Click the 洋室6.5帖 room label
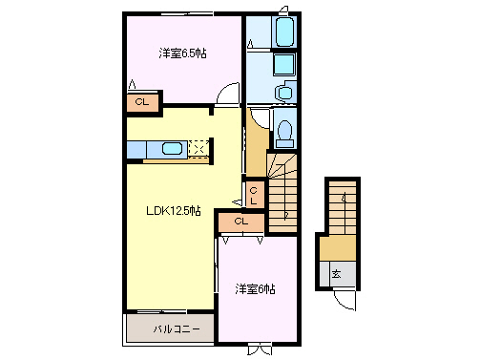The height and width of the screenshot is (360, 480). [179, 54]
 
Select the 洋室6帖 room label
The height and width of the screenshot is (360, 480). [255, 288]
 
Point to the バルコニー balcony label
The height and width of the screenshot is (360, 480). [177, 329]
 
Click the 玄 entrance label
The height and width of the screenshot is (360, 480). [337, 274]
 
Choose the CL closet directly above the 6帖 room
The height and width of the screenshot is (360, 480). [240, 223]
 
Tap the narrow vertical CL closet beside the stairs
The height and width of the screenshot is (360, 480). [254, 195]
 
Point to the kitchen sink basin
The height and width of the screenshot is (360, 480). [173, 148]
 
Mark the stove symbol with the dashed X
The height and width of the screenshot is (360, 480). [198, 148]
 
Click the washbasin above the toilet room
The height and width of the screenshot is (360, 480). [284, 93]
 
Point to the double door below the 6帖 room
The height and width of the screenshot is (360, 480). [259, 349]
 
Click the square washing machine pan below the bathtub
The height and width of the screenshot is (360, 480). [283, 65]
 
